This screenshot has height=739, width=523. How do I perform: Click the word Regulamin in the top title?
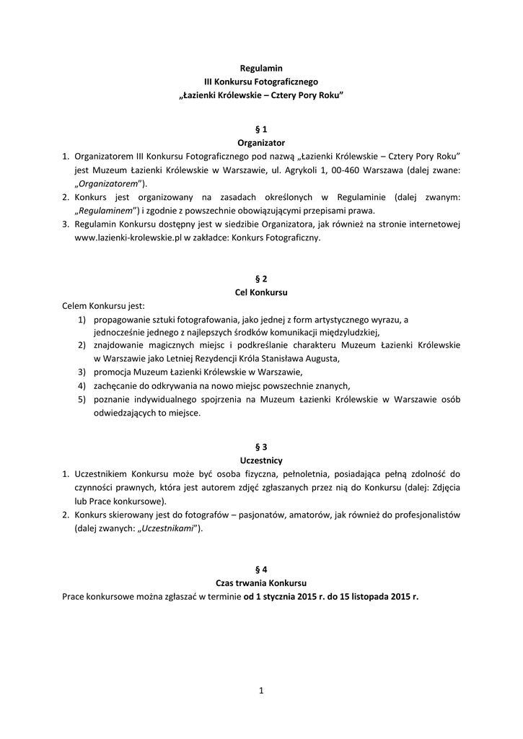click(261, 68)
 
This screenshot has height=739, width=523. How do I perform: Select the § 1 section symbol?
click(261, 129)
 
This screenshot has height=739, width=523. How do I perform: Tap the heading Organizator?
click(261, 143)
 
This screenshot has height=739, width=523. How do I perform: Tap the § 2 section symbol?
click(261, 279)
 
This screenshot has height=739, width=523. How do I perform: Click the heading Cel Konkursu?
click(261, 292)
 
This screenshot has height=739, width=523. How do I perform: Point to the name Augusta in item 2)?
click(322, 359)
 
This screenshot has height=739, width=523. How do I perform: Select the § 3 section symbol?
click(261, 447)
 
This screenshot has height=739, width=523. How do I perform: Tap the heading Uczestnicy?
click(261, 460)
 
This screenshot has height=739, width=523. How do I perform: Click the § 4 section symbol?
click(261, 569)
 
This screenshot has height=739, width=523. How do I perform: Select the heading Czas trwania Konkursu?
click(261, 582)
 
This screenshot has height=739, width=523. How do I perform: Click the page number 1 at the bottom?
click(261, 691)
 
